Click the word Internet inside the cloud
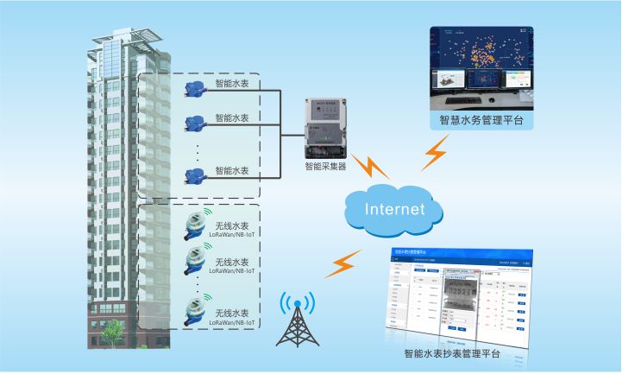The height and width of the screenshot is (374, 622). pyautogui.click(x=395, y=209)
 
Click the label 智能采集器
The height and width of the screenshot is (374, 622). pyautogui.click(x=325, y=165)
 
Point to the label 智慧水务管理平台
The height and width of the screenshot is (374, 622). pyautogui.click(x=481, y=120)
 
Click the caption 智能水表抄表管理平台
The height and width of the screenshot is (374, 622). pyautogui.click(x=457, y=353)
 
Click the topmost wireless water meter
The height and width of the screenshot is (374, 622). pyautogui.click(x=195, y=227)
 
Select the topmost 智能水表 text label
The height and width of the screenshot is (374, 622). pyautogui.click(x=231, y=85)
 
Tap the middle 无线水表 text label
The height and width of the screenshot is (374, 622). pyautogui.click(x=231, y=262)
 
